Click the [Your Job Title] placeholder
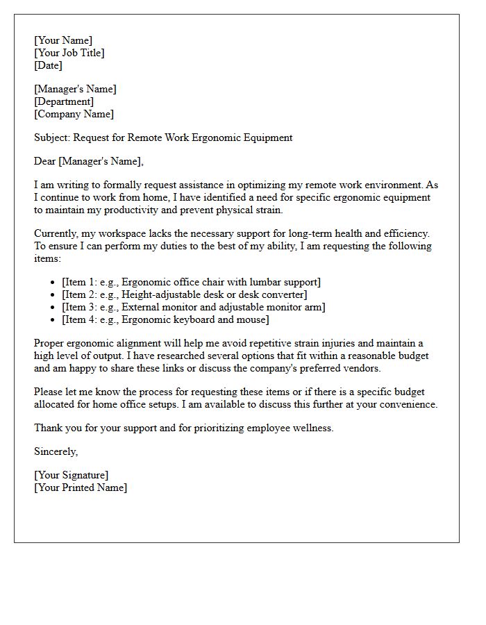69,53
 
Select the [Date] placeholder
48,65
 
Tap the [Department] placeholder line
64,101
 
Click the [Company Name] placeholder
74,114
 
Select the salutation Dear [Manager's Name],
89,161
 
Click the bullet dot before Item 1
53,283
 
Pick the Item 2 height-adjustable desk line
184,294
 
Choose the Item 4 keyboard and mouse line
165,319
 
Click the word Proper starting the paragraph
50,343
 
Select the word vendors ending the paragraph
362,368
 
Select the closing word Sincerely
56,451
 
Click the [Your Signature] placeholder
71,475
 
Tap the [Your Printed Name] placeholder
81,487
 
